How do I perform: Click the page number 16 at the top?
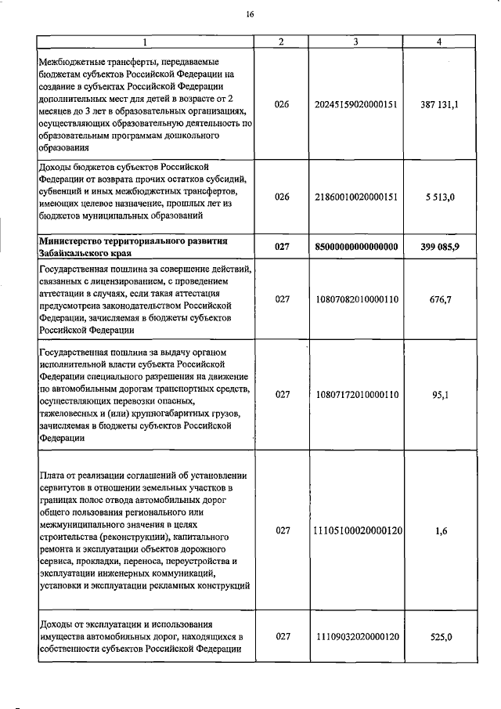click(250, 13)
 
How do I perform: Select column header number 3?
click(355, 42)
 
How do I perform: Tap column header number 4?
click(438, 42)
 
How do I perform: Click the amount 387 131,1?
click(438, 103)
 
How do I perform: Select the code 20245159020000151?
click(355, 103)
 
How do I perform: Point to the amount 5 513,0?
click(438, 197)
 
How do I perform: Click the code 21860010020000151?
click(355, 197)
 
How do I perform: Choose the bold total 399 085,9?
click(438, 247)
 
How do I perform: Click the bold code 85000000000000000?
click(355, 247)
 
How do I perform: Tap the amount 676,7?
click(438, 300)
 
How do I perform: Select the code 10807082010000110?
click(355, 300)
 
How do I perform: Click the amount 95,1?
click(438, 395)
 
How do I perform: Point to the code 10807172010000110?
click(355, 395)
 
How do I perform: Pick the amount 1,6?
click(438, 530)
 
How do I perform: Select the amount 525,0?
click(438, 637)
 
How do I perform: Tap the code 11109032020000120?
click(355, 637)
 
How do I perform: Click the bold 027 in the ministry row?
click(283, 247)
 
